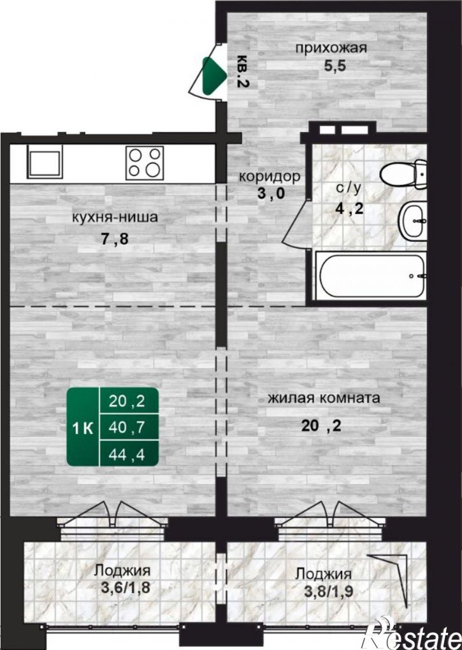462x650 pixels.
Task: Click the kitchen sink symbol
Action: pyautogui.click(x=45, y=162)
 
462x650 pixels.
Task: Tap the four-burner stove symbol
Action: pyautogui.click(x=145, y=162)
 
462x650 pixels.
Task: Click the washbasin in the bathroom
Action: pyautogui.click(x=413, y=221)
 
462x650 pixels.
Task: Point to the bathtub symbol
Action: pyautogui.click(x=370, y=276)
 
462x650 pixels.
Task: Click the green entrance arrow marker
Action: pyautogui.click(x=214, y=75)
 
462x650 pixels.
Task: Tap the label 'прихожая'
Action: pyautogui.click(x=331, y=48)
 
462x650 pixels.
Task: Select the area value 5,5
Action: pyautogui.click(x=335, y=66)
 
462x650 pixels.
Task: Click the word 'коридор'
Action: pyautogui.click(x=270, y=177)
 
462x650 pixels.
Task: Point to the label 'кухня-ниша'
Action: pyautogui.click(x=115, y=217)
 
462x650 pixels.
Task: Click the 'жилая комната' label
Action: pyautogui.click(x=324, y=398)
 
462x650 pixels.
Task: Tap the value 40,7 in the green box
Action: pyautogui.click(x=126, y=427)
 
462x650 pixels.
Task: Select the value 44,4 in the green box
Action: pyautogui.click(x=126, y=455)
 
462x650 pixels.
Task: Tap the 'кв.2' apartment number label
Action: pyautogui.click(x=242, y=71)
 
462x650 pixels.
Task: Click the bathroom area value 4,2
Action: pyautogui.click(x=349, y=208)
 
